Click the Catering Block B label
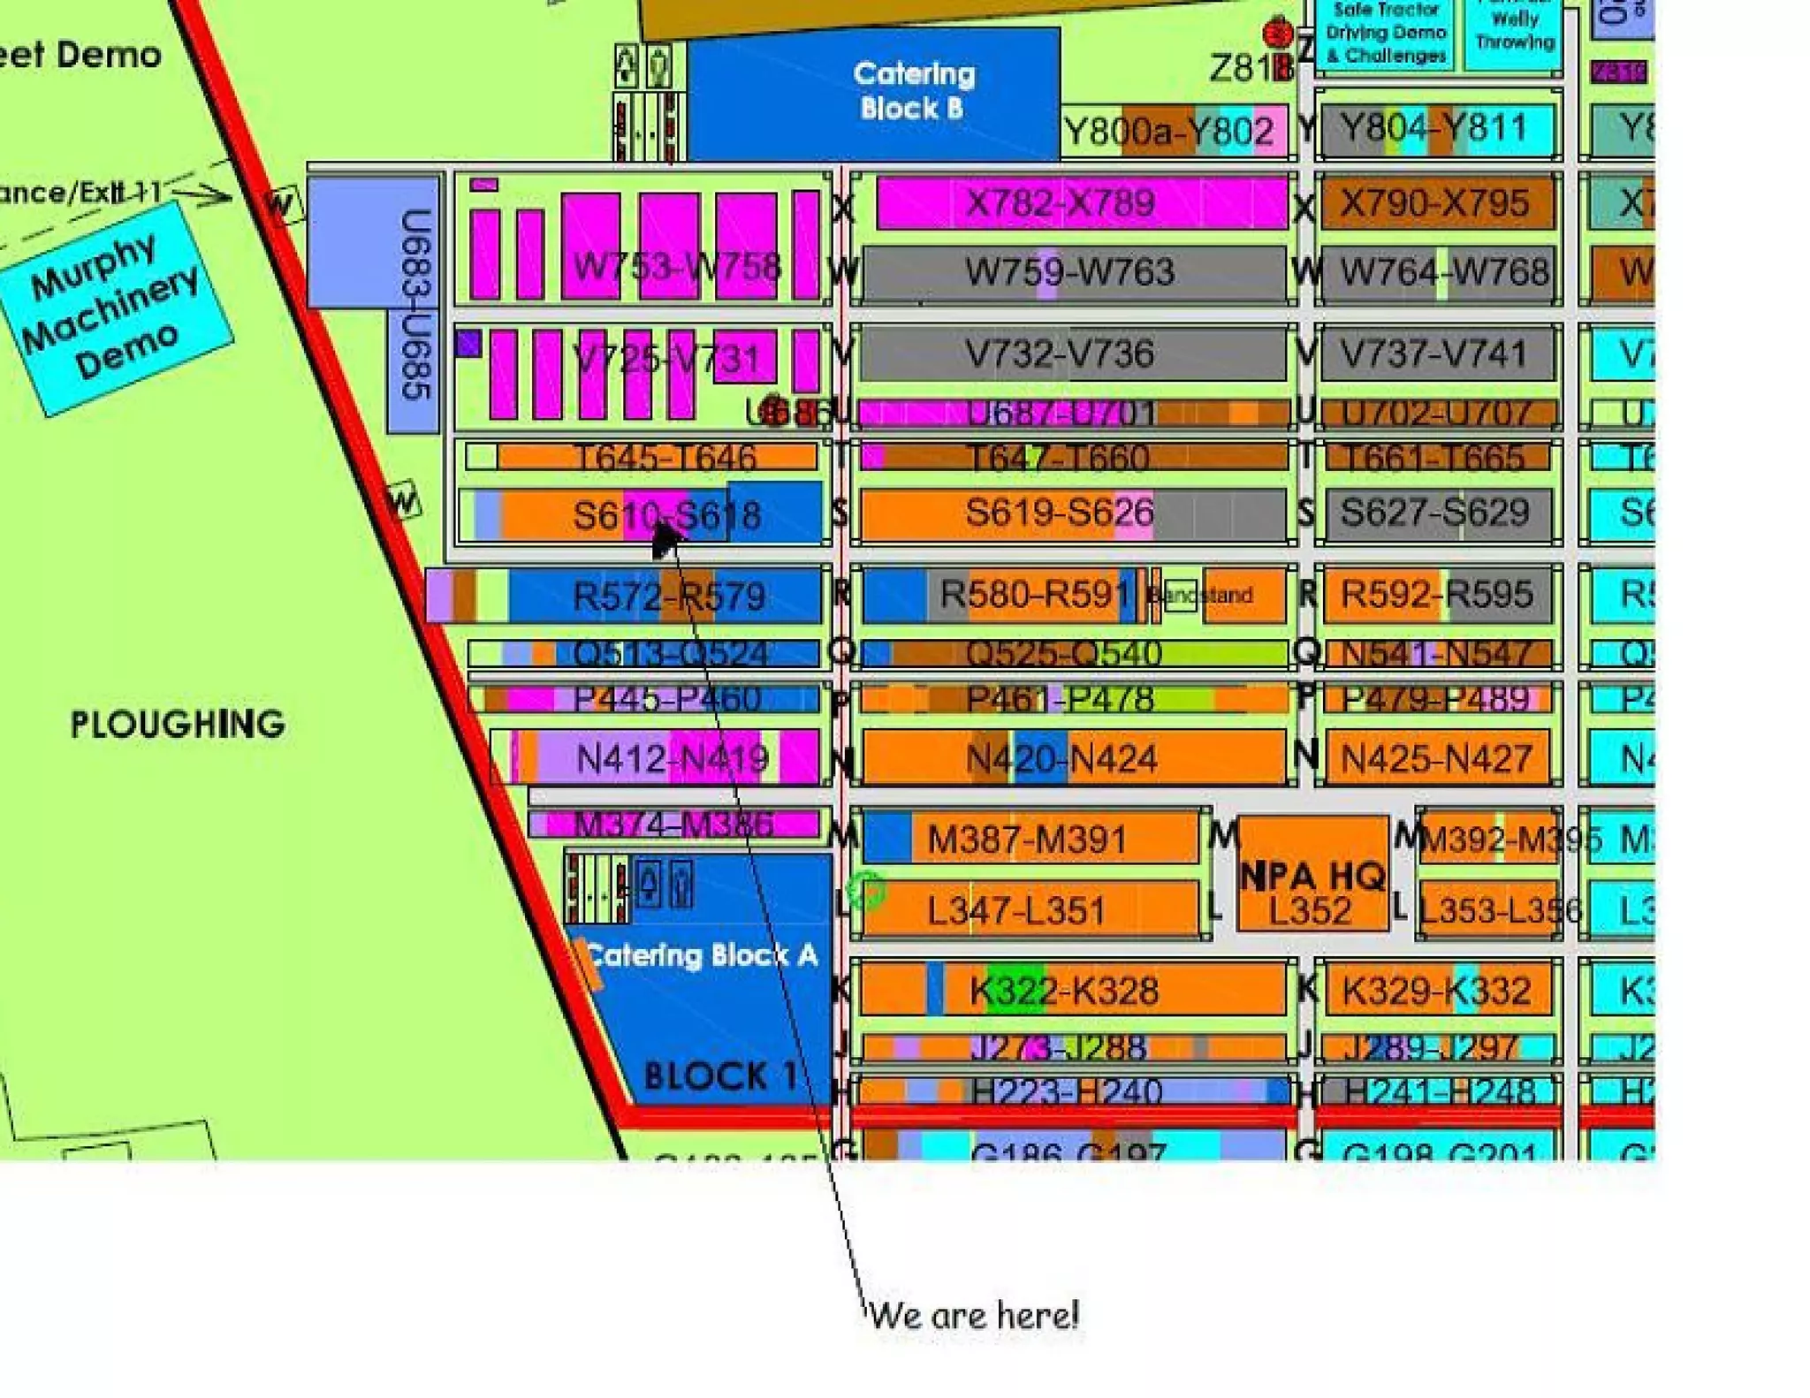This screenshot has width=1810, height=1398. coord(914,91)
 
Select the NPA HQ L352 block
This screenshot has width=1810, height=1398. coord(1312,893)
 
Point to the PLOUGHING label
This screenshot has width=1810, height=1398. coord(178,725)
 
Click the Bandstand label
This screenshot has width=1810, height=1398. coord(1202,595)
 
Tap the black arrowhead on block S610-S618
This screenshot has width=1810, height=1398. coord(665,537)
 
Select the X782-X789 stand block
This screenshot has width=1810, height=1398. coord(1061,203)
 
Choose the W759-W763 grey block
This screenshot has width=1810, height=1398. coord(1069,272)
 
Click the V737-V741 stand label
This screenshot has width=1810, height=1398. coord(1434,354)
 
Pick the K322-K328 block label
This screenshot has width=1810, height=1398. coord(1064,991)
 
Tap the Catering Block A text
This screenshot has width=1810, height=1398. coord(701,955)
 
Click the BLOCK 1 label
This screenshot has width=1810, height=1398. coord(720,1076)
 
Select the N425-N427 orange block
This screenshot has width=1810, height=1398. coord(1436,758)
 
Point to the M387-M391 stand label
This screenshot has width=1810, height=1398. coord(1027,840)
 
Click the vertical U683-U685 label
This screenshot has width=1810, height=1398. coord(415,304)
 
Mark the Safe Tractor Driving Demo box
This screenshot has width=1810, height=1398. coord(1385,34)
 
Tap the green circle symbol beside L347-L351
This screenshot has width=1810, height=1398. coord(867,891)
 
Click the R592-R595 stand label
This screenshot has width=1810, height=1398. coord(1436,594)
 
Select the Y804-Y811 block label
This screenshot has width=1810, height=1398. coord(1434,129)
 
